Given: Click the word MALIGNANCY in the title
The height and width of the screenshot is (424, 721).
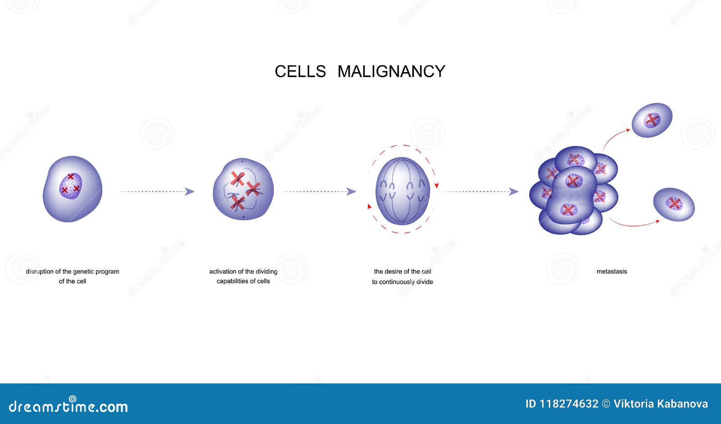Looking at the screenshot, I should pyautogui.click(x=391, y=71).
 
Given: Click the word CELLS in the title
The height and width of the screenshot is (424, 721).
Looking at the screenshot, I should pyautogui.click(x=300, y=71).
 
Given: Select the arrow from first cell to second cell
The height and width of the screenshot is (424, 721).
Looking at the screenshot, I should pyautogui.click(x=157, y=192).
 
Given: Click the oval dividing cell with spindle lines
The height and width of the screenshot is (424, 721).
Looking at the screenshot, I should pyautogui.click(x=402, y=191).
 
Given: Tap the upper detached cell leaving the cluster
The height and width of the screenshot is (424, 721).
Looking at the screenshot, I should pyautogui.click(x=652, y=120).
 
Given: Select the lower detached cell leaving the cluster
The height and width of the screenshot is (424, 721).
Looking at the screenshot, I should pyautogui.click(x=674, y=204).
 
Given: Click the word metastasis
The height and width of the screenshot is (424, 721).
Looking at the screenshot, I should pyautogui.click(x=611, y=272).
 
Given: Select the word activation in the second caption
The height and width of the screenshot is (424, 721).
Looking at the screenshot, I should pyautogui.click(x=223, y=272).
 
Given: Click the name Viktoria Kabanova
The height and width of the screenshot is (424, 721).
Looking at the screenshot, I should pyautogui.click(x=661, y=404).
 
